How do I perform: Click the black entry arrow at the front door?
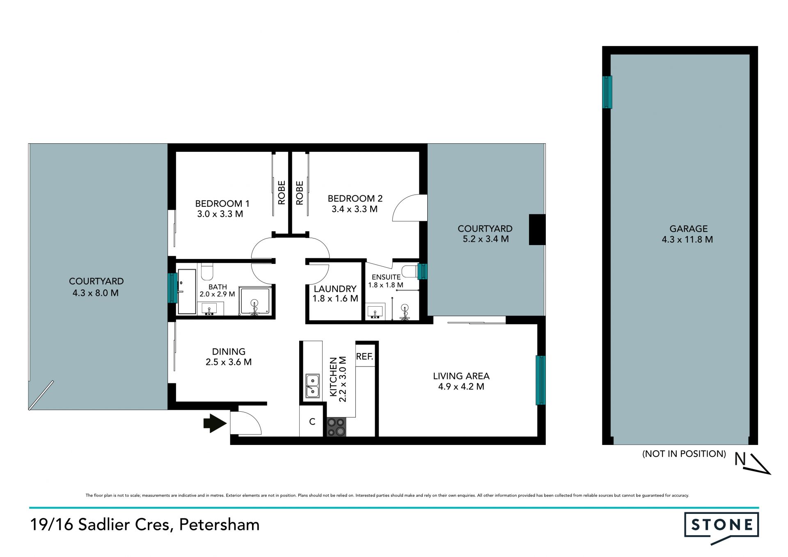pyautogui.click(x=215, y=423)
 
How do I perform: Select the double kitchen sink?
pyautogui.click(x=312, y=386)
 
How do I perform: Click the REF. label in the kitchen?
pyautogui.click(x=364, y=357)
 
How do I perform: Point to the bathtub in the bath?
pyautogui.click(x=187, y=292)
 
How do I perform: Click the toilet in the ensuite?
pyautogui.click(x=410, y=271)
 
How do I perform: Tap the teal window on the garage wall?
pyautogui.click(x=607, y=92)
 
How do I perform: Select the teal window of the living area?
pyautogui.click(x=541, y=381)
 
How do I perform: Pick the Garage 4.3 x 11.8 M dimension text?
pyautogui.click(x=687, y=239)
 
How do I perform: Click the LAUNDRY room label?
pyautogui.click(x=335, y=289)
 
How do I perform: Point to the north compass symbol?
pyautogui.click(x=753, y=463)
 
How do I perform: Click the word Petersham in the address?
pyautogui.click(x=219, y=525)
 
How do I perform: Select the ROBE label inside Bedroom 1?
pyautogui.click(x=282, y=193)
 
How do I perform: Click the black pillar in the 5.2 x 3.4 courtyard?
pyautogui.click(x=537, y=230)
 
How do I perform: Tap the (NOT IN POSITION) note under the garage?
pyautogui.click(x=684, y=454)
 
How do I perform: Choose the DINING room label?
pyautogui.click(x=229, y=352)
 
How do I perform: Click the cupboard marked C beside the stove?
pyautogui.click(x=312, y=422)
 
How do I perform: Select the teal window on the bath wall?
pyautogui.click(x=173, y=288)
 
